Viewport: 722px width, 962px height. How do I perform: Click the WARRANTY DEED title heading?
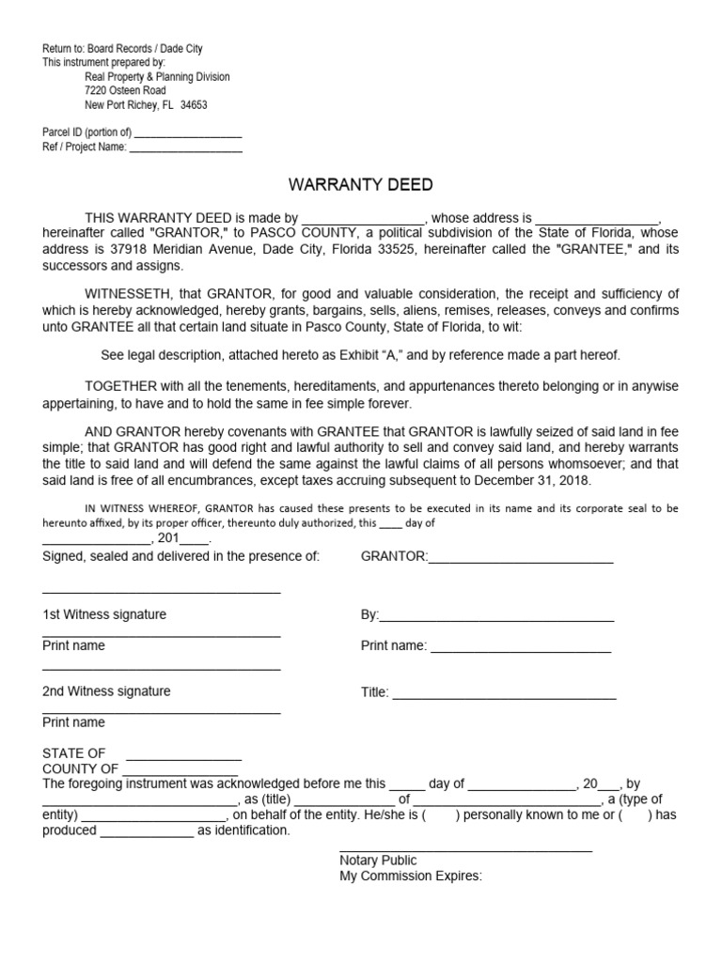pyautogui.click(x=360, y=185)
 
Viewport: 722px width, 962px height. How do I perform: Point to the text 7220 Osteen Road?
pyautogui.click(x=125, y=91)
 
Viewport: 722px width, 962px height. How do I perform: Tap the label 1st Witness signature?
pyautogui.click(x=104, y=614)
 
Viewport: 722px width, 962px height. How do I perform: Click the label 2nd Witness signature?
pyautogui.click(x=106, y=691)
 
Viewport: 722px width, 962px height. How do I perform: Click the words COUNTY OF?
pyautogui.click(x=81, y=769)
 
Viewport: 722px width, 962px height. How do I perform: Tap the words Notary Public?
pyautogui.click(x=378, y=861)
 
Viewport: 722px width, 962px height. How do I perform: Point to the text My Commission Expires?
pyautogui.click(x=411, y=877)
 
